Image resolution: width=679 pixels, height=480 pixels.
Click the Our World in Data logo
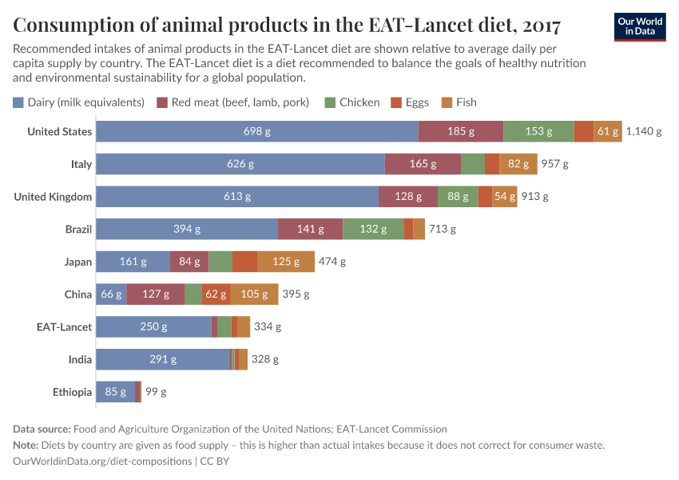tap(640, 26)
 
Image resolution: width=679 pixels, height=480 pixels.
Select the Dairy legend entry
tap(78, 102)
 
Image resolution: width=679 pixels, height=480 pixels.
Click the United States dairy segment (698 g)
tap(256, 132)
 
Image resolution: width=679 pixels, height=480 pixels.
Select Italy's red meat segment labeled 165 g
tap(423, 164)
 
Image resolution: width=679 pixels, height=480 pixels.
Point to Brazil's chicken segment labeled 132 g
tap(373, 229)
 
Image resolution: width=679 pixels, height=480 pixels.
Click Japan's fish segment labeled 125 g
tap(286, 262)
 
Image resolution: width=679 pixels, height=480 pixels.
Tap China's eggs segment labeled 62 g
tap(216, 294)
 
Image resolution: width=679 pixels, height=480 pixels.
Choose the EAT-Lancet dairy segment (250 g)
tap(153, 326)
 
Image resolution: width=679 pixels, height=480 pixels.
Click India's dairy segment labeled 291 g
tap(163, 359)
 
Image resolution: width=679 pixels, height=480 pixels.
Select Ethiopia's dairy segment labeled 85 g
tap(115, 392)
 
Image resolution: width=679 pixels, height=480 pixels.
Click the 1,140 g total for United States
tap(644, 132)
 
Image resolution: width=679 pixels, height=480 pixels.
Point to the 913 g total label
tap(535, 197)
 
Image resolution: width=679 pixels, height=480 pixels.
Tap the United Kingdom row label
tap(53, 197)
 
